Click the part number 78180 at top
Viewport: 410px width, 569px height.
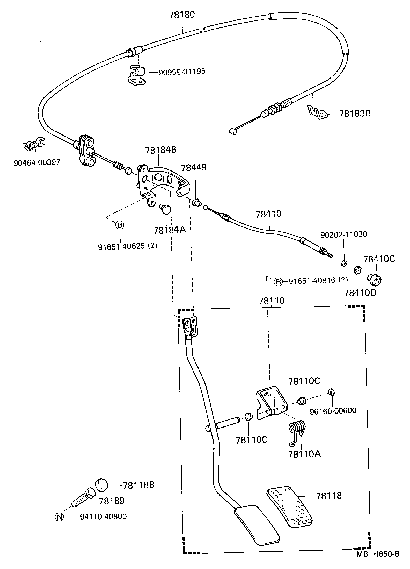182,15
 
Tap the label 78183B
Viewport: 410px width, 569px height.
355,113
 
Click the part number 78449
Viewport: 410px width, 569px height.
194,168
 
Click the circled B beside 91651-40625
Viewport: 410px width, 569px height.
120,225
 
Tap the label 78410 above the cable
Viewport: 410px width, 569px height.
269,214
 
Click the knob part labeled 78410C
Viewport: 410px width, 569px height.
375,280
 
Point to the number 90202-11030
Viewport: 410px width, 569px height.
344,234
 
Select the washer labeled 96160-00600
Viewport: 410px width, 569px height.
331,392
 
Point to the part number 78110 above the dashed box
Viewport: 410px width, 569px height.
272,301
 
